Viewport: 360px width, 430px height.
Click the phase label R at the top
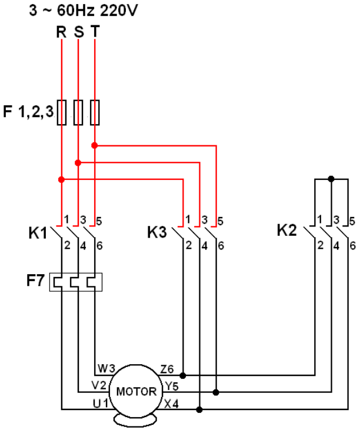pyautogui.click(x=61, y=31)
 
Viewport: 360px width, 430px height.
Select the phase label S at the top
pyautogui.click(x=78, y=31)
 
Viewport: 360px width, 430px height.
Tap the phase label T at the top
pyautogui.click(x=95, y=31)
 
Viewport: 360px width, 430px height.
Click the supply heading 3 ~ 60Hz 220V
pyautogui.click(x=84, y=10)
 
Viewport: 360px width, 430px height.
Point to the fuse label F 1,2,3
pyautogui.click(x=28, y=111)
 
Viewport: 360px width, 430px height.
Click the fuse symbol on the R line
pyautogui.click(x=61, y=112)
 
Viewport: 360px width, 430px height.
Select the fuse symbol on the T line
pyautogui.click(x=95, y=112)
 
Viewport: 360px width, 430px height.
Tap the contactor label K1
pyautogui.click(x=38, y=233)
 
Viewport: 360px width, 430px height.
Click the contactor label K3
pyautogui.click(x=157, y=233)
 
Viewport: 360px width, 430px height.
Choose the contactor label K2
pyautogui.click(x=287, y=231)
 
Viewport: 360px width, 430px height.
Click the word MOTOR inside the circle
pyautogui.click(x=136, y=391)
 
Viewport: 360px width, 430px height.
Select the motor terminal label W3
pyautogui.click(x=106, y=369)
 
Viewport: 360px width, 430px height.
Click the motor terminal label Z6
pyautogui.click(x=168, y=369)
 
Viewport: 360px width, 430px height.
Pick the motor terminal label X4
pyautogui.click(x=171, y=404)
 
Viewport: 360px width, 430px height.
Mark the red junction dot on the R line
pyautogui.click(x=61, y=179)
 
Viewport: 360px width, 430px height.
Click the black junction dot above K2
pyautogui.click(x=331, y=179)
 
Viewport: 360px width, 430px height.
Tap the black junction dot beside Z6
pyautogui.click(x=184, y=375)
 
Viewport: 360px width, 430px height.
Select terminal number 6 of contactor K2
pyautogui.click(x=352, y=245)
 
